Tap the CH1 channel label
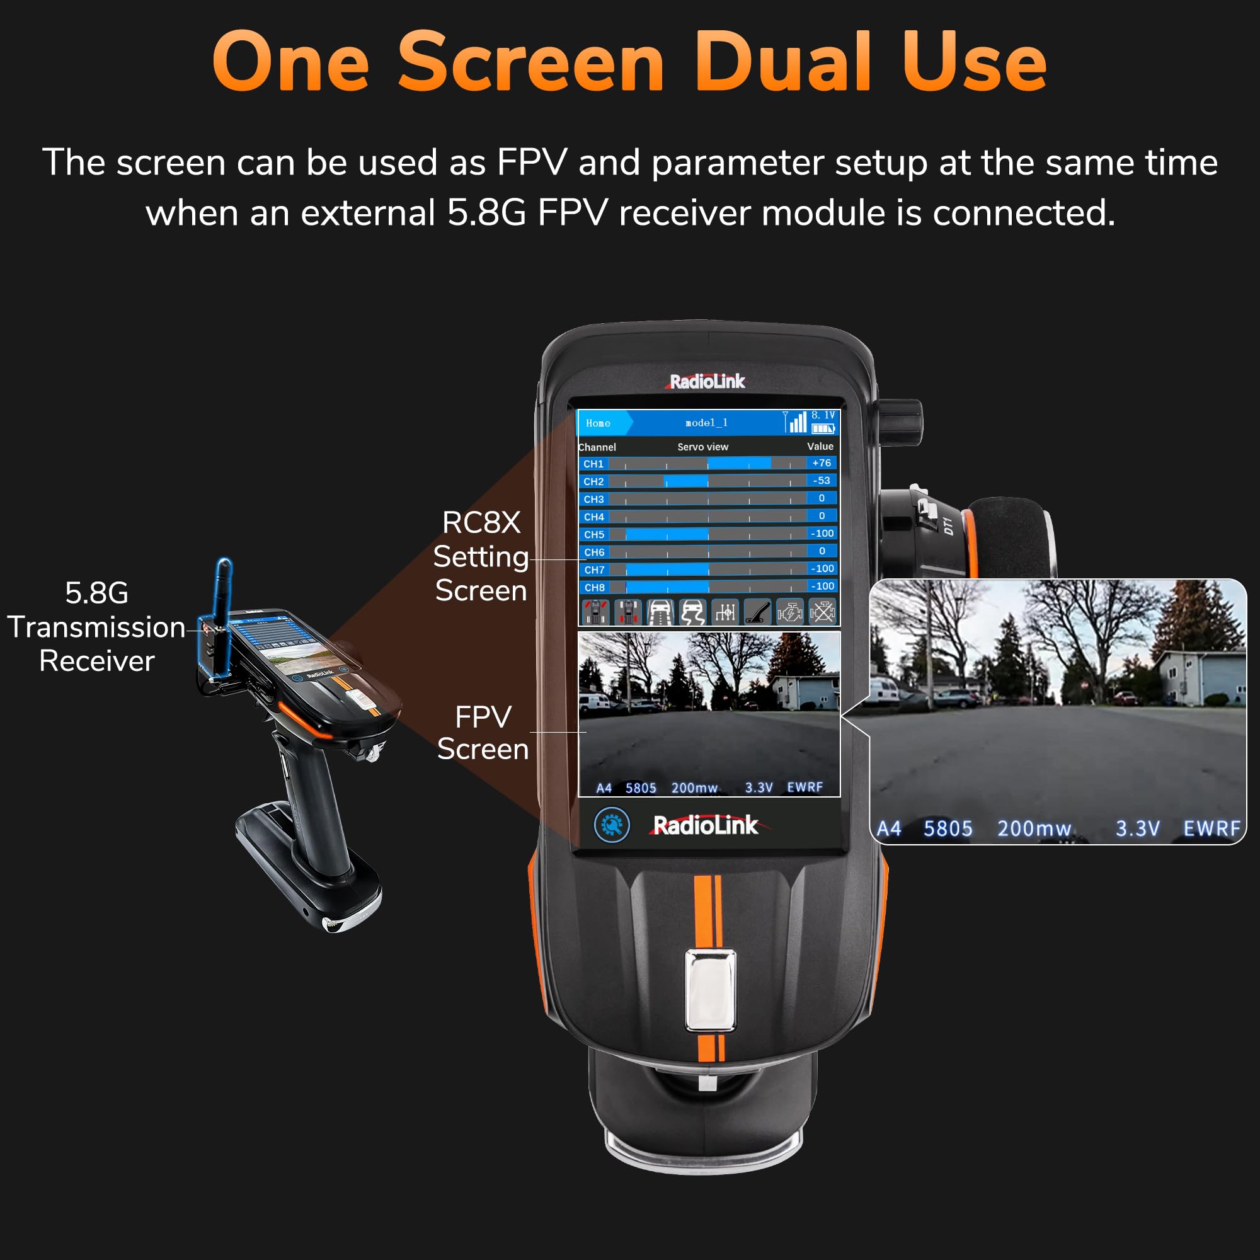click(593, 464)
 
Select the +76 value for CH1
click(822, 463)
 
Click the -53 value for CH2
click(822, 481)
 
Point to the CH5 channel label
click(594, 534)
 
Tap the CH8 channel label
click(594, 588)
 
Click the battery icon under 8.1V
click(823, 428)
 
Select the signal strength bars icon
click(796, 423)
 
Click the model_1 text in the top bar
click(706, 423)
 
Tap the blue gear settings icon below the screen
click(612, 825)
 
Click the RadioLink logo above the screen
click(707, 382)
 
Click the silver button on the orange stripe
click(709, 990)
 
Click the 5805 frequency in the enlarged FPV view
click(948, 829)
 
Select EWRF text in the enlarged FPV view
click(1211, 829)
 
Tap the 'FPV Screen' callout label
click(483, 733)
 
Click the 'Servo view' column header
click(702, 447)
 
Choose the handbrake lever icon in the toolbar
click(757, 612)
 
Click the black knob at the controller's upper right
click(901, 423)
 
